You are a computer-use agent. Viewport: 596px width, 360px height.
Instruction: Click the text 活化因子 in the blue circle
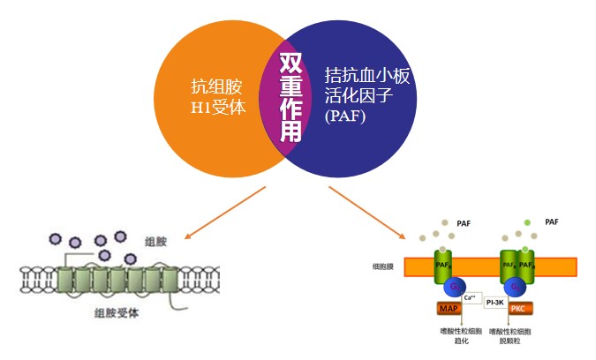coord(361,95)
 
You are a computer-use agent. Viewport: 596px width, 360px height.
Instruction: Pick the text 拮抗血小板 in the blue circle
coord(367,74)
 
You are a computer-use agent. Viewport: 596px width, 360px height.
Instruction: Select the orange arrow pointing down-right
coord(366,213)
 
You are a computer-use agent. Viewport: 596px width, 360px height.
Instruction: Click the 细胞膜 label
coord(385,266)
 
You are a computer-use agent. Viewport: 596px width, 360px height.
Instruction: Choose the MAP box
coord(450,309)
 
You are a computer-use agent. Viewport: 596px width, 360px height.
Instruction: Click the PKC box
coord(517,309)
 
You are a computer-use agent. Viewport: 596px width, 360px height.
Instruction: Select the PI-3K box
coord(493,302)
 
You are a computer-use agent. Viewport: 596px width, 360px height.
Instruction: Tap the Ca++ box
coord(470,296)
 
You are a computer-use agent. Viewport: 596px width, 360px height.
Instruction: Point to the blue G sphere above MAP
coord(451,289)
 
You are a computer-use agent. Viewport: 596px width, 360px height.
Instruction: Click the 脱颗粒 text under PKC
coord(518,340)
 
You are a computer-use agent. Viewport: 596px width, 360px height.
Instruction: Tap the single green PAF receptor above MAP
coord(442,265)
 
